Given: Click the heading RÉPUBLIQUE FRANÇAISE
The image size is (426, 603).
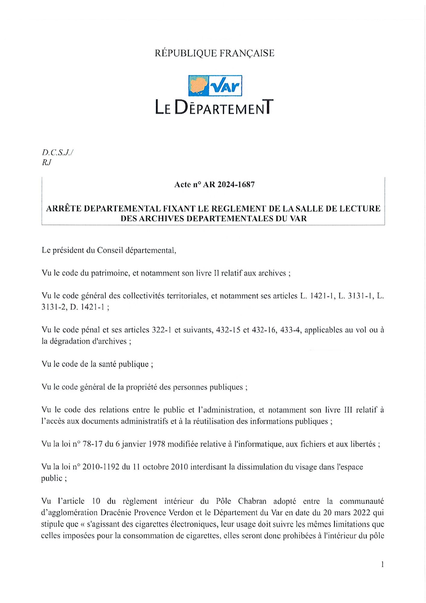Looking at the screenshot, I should click(214, 53).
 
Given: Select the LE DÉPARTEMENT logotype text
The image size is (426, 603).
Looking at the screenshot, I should click(214, 107).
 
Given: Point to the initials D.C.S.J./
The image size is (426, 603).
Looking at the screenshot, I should click(58, 152).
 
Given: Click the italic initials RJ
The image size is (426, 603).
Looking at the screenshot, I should click(46, 163).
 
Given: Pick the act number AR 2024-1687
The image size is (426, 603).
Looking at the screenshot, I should click(229, 185).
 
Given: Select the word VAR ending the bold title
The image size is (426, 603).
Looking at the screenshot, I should click(298, 219).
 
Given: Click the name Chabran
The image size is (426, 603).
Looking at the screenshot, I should click(252, 501).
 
